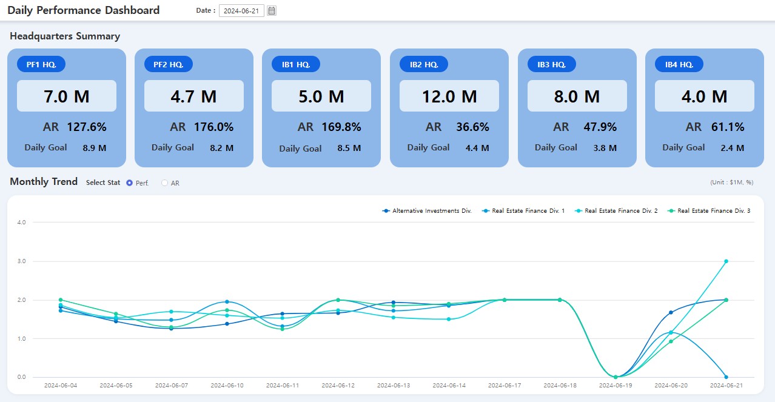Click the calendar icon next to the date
272,11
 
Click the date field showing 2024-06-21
241,11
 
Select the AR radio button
165,183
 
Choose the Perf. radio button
129,183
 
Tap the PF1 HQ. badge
41,64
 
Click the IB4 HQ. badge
679,64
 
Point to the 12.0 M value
449,96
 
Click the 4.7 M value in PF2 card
193,96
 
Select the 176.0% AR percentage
213,127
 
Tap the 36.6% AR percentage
472,127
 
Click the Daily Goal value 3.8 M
604,148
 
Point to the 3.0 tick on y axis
21,261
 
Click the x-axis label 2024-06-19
615,386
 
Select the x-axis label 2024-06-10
227,386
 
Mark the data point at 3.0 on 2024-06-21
726,261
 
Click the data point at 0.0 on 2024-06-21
726,377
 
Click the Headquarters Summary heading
65,36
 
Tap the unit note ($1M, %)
731,183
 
